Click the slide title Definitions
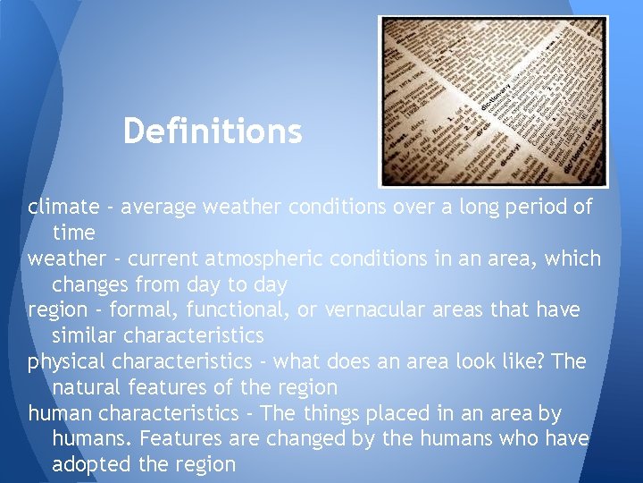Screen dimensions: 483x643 tap(213, 131)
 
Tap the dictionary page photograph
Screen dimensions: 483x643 tap(493, 101)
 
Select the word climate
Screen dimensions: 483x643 tap(63, 208)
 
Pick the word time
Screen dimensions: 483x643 tap(73, 233)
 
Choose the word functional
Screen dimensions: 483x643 tap(229, 310)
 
